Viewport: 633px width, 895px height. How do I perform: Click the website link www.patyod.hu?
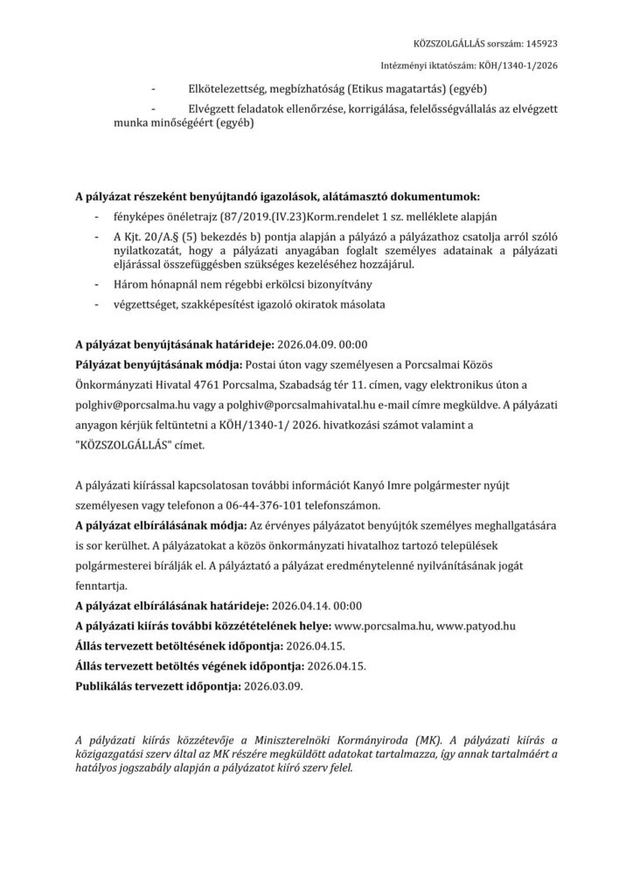pyautogui.click(x=476, y=626)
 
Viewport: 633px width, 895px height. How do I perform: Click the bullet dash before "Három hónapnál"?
pyautogui.click(x=95, y=284)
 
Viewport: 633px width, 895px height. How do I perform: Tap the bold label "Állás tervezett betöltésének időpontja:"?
pyautogui.click(x=177, y=647)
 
